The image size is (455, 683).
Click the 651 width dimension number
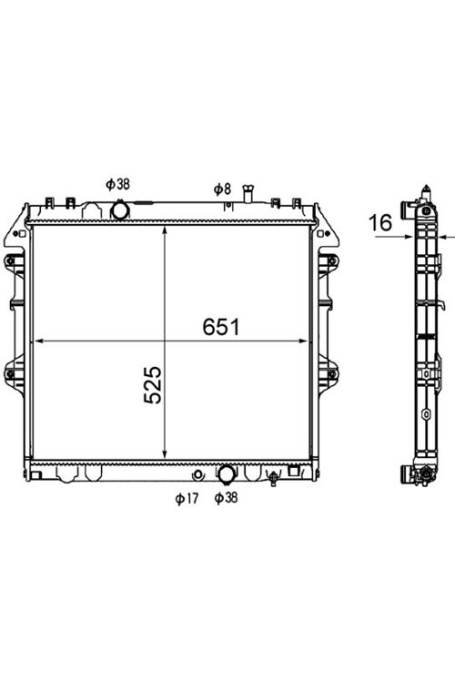coord(221,327)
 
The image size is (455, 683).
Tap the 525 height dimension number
coord(153,385)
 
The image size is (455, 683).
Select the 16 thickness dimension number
coord(380,222)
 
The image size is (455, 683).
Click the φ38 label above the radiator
coord(117,184)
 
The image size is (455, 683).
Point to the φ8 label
coord(222,189)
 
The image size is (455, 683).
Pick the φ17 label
coord(187,498)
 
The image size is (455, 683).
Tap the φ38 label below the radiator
coord(227,497)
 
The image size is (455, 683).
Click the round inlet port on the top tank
coord(120,210)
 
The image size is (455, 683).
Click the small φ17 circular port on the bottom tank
coord(198,474)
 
